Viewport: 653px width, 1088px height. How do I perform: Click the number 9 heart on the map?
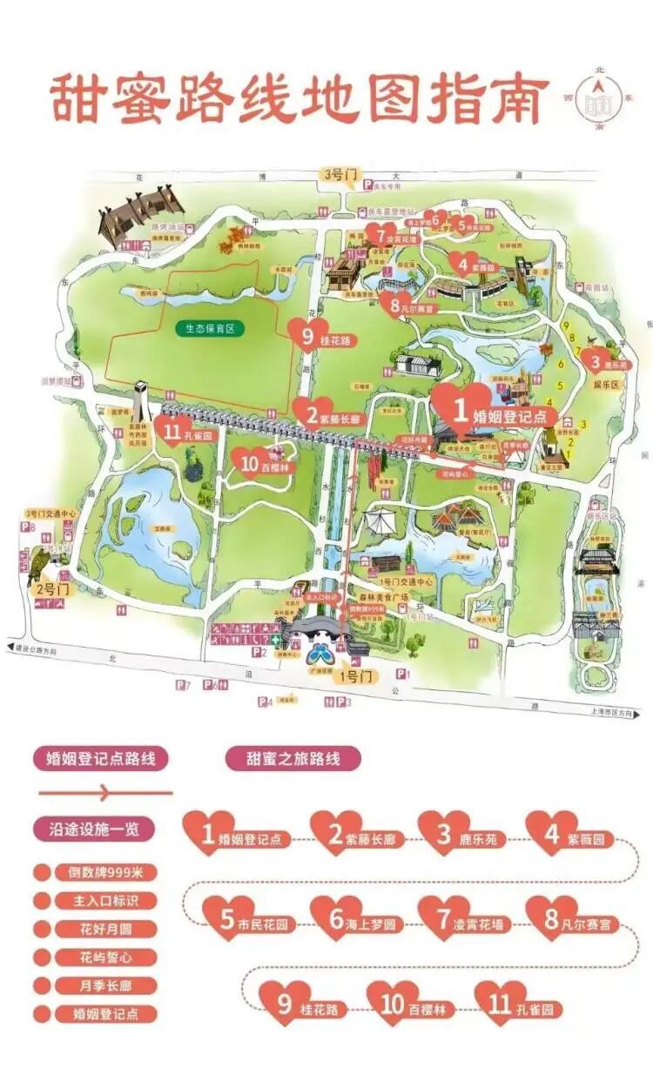(306, 334)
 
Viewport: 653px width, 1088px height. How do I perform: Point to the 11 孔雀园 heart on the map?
(173, 431)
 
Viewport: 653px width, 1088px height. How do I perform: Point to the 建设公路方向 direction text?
(38, 649)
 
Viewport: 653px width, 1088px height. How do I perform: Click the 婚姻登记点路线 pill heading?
(100, 757)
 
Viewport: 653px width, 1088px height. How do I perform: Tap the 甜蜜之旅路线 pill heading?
(293, 757)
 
